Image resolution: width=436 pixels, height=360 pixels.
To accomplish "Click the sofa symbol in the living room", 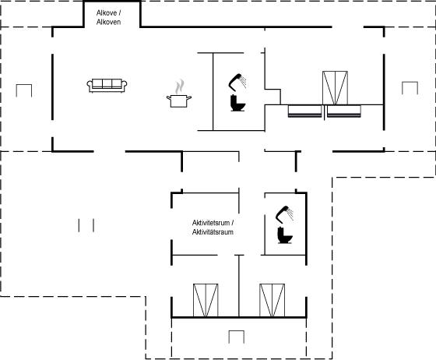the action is click(107, 86).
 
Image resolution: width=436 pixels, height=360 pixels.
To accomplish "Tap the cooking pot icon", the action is click(179, 101).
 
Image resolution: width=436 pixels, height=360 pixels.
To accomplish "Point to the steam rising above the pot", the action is click(180, 86).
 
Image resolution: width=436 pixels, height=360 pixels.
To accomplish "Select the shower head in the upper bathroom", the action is click(237, 82).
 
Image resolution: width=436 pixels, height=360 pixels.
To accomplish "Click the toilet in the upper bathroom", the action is click(237, 103).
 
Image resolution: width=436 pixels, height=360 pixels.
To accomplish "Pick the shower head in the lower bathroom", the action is click(284, 214).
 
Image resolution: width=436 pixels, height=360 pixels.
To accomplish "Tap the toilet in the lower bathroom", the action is click(285, 235).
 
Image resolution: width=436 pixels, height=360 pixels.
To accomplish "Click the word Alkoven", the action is click(108, 22).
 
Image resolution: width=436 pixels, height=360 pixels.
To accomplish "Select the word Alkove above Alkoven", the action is click(107, 12).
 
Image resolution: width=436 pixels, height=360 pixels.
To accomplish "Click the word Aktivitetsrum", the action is click(211, 223).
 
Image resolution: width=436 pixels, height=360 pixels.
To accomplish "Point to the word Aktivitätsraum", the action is click(213, 232).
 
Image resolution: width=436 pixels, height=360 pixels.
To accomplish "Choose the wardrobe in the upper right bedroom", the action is click(335, 88).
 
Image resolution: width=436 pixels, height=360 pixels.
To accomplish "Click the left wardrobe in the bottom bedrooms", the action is click(206, 300).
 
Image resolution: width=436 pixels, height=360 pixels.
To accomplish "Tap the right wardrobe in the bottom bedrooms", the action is click(272, 300).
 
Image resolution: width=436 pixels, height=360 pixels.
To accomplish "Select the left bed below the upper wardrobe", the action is click(304, 111).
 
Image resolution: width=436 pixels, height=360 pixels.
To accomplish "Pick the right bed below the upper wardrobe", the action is click(344, 111).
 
